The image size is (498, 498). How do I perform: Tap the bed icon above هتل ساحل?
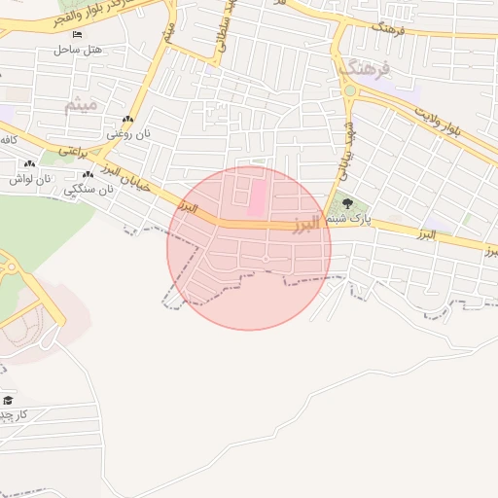point(77,35)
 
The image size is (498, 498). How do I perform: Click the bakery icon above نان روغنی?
point(126,120)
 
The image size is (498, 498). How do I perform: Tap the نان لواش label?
point(28,178)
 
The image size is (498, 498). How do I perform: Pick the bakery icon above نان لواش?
point(29,164)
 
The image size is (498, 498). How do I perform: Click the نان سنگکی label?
point(89,189)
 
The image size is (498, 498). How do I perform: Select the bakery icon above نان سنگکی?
point(88,175)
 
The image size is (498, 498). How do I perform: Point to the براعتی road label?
point(73,152)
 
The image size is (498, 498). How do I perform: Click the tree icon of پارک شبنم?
point(347,204)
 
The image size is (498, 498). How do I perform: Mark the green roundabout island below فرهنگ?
point(349,91)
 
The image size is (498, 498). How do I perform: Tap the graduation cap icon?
point(9,401)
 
